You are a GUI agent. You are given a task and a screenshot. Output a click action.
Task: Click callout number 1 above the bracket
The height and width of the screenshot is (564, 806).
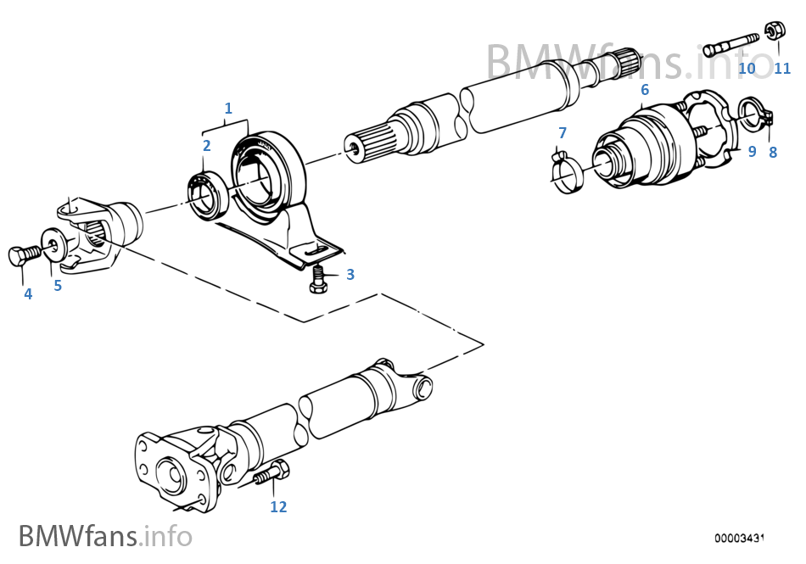pos(227,108)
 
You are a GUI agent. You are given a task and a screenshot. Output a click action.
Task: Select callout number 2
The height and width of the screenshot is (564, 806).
pos(206,145)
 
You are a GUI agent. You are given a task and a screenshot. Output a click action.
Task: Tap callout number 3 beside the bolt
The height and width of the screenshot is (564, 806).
pos(350,275)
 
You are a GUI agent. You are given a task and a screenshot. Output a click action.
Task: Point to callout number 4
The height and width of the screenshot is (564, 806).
pos(28,294)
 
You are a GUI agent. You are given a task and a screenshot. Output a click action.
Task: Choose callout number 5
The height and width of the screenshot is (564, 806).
pos(58,286)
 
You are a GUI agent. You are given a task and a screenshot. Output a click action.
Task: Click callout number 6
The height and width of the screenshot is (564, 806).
pos(645,89)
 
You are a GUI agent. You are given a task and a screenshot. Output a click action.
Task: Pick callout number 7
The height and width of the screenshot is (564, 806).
pos(562,132)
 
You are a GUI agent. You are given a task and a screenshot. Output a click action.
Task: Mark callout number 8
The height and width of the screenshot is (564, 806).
pos(772,153)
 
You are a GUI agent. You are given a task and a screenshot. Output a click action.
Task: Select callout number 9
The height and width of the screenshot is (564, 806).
pos(752,153)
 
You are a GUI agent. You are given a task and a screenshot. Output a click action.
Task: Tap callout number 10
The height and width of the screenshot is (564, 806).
pos(747,68)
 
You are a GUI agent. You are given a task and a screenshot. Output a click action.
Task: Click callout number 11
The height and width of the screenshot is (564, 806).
pos(781,68)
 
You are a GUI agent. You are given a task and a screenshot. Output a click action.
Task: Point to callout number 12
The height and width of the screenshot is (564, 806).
pos(278,507)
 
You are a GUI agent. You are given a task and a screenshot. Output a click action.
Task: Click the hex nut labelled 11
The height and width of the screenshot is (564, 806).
pos(774,32)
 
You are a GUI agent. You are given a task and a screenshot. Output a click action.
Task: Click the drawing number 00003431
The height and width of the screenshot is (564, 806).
pos(740,538)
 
